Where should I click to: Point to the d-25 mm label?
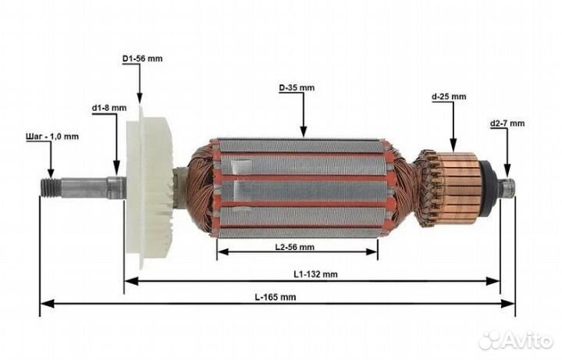coord(449,97)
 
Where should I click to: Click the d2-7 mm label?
coord(507,123)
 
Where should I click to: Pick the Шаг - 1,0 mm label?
coord(51,136)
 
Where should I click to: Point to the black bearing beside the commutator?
coord(490,185)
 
